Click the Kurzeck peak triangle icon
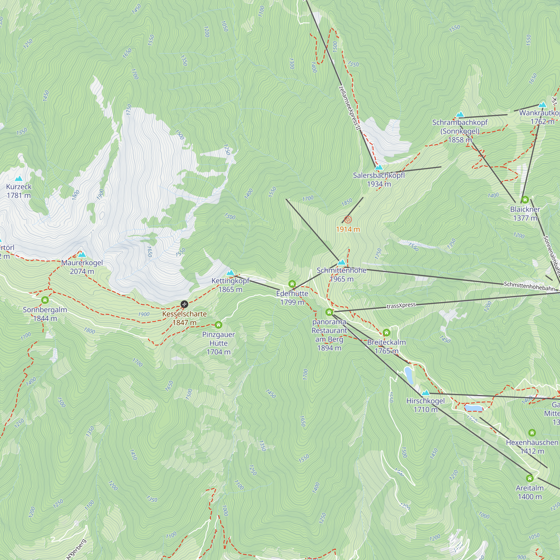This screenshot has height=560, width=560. pos(19,179)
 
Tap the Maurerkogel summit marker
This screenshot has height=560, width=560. pos(82,255)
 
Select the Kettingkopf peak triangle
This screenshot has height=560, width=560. pos(230,273)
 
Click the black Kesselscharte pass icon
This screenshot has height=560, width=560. pos(184,304)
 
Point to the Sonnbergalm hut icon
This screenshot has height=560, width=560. pos(45,300)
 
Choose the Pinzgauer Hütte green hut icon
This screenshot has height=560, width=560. pos(219,325)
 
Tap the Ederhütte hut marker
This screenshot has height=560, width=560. pos(292,284)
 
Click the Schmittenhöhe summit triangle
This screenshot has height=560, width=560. pos(342,263)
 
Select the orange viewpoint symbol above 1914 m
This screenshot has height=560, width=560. pos(348,220)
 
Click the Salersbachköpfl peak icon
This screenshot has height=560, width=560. pos(379,167)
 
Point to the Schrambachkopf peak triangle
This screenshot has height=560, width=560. pos(460,115)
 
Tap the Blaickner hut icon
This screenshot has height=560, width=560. pos(525,200)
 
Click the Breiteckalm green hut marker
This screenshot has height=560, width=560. pos(386,332)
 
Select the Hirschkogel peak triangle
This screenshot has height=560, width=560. pos(426,393)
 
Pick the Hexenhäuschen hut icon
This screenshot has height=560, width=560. pos(532,433)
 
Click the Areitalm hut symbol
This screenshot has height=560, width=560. pos(530,478)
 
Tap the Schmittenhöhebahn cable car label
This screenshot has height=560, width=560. pos(529,286)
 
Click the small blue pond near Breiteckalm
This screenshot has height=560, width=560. pos(409,375)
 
